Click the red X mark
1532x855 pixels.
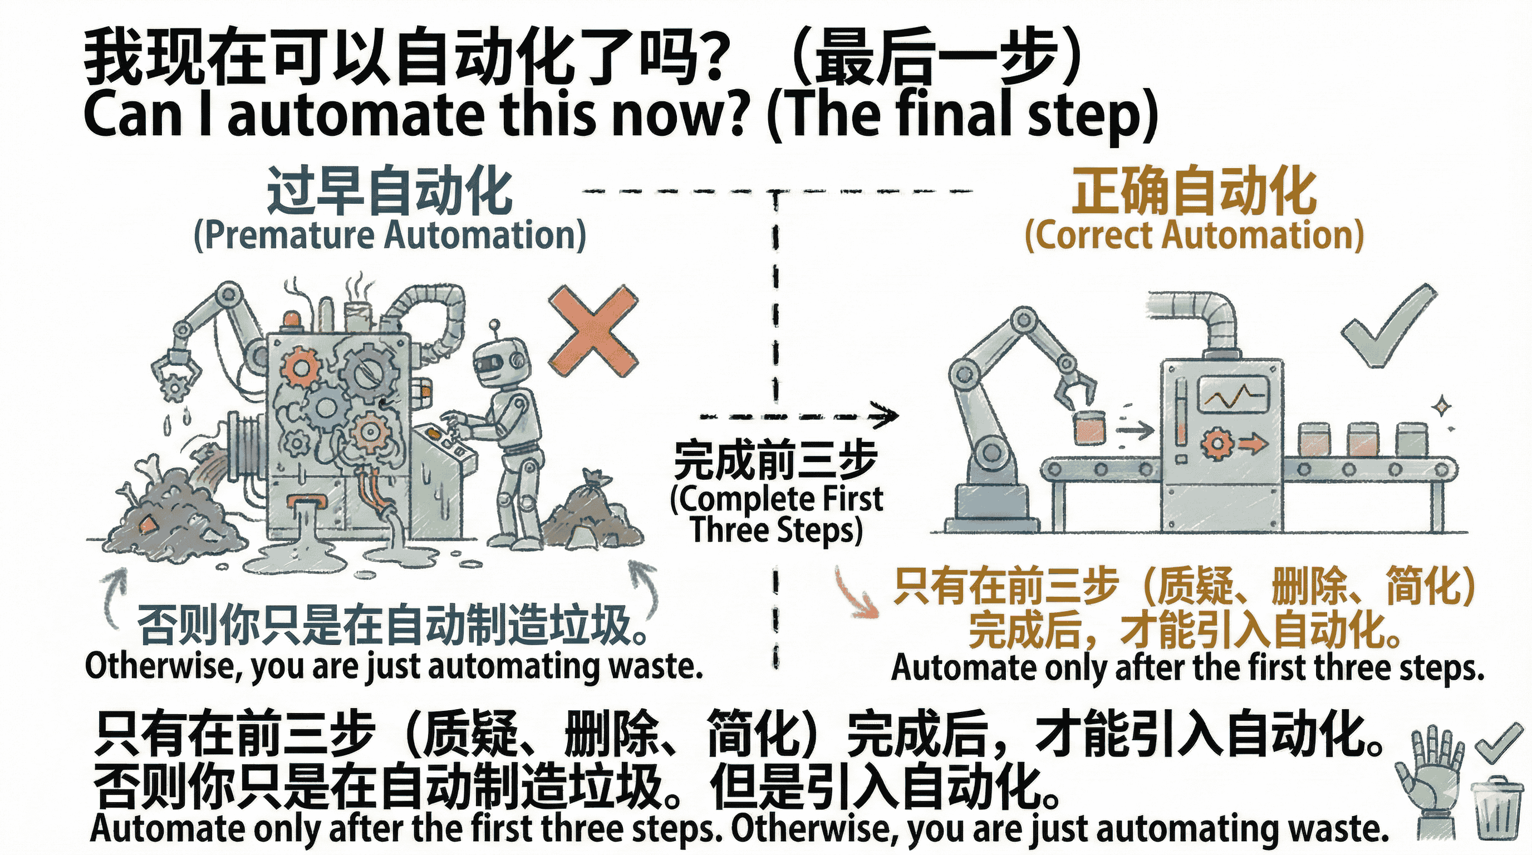pyautogui.click(x=593, y=331)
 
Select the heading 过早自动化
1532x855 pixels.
pyautogui.click(x=390, y=191)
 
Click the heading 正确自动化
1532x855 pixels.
pyautogui.click(x=1194, y=191)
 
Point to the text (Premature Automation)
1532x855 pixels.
pyautogui.click(x=390, y=236)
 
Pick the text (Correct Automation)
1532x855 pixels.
pyautogui.click(x=1194, y=236)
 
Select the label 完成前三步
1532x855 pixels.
pyautogui.click(x=775, y=461)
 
